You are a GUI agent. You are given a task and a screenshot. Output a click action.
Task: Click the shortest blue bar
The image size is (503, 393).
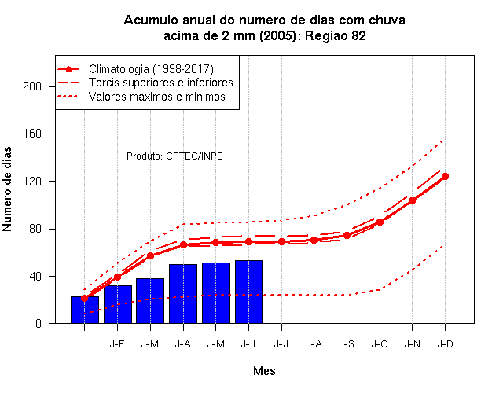click(x=85, y=310)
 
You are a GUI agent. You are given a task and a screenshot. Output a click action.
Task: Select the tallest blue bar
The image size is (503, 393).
click(x=248, y=292)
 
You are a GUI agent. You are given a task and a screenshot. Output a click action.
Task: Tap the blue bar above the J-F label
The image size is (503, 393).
click(x=118, y=304)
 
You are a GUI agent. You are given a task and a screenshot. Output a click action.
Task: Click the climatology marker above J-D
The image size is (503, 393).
click(x=445, y=176)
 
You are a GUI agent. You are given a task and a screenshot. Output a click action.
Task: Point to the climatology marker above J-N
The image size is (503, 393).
click(x=412, y=201)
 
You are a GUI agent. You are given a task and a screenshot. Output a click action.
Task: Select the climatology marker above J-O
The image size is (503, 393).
click(x=380, y=222)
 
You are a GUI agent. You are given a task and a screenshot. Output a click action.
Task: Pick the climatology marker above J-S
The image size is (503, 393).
click(x=347, y=236)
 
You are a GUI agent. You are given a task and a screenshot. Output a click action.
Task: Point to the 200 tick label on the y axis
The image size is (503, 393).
click(x=32, y=86)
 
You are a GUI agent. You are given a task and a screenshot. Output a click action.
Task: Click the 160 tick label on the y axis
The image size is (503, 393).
click(x=32, y=134)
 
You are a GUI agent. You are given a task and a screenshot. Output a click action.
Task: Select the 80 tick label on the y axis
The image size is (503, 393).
click(x=35, y=229)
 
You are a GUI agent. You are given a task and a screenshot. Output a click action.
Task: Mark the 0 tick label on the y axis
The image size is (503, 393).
click(x=39, y=323)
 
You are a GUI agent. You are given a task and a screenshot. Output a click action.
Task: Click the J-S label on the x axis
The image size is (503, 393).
click(x=347, y=344)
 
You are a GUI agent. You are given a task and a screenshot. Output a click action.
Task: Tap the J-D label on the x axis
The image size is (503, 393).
click(x=446, y=344)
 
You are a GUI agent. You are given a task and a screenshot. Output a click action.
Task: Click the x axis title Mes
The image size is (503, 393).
click(x=264, y=371)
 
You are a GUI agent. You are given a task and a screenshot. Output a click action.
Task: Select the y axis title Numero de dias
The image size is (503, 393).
click(x=7, y=189)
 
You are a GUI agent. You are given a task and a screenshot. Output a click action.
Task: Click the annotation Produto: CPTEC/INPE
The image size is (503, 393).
click(x=174, y=156)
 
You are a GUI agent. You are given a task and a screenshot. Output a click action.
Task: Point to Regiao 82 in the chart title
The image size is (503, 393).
click(x=336, y=35)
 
